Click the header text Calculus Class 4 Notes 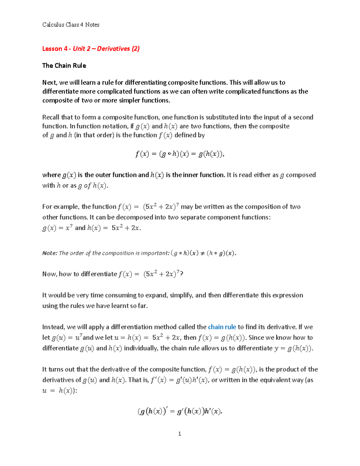coord(71,25)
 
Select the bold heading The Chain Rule coord(64,66)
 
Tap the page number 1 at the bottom coord(179,434)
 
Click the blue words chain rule coord(222,327)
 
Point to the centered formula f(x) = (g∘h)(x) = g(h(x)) coord(179,154)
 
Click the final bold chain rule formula coord(180,411)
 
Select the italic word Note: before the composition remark coord(50,253)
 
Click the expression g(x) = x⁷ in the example coord(58,228)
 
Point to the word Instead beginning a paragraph coord(53,327)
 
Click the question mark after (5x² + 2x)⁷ coord(181,274)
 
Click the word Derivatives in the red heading coord(113,49)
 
